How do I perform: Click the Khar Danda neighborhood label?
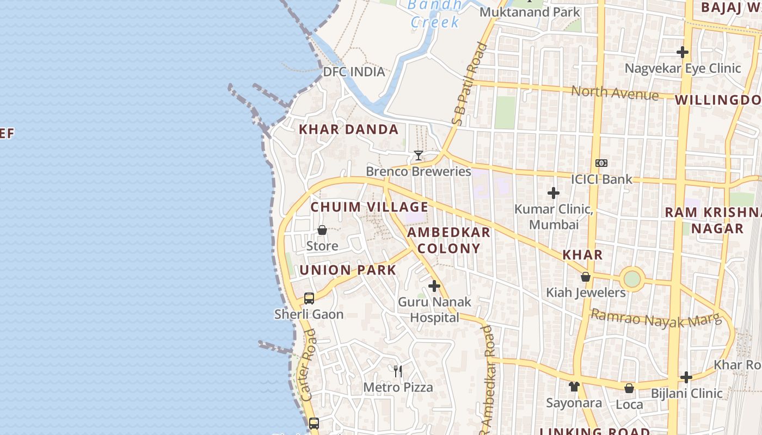click(348, 129)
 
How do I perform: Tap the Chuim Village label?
click(369, 207)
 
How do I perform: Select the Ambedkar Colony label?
click(448, 240)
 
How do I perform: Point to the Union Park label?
click(347, 270)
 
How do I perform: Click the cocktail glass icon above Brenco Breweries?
click(418, 156)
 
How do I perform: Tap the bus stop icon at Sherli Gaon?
click(309, 298)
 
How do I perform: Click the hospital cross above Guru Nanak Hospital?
click(434, 285)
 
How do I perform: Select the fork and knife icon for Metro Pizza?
click(398, 371)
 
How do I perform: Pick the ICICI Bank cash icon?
click(601, 163)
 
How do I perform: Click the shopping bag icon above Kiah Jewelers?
click(586, 277)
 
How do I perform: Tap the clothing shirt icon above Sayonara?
click(574, 387)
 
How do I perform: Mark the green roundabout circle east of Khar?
click(632, 279)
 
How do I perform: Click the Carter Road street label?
click(308, 365)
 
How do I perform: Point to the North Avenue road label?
click(614, 92)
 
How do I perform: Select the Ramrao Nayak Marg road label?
click(655, 318)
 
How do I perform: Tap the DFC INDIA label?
click(354, 72)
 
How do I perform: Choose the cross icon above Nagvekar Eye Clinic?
click(683, 52)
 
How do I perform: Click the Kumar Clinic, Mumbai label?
click(554, 216)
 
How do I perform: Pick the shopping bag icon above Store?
click(322, 230)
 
